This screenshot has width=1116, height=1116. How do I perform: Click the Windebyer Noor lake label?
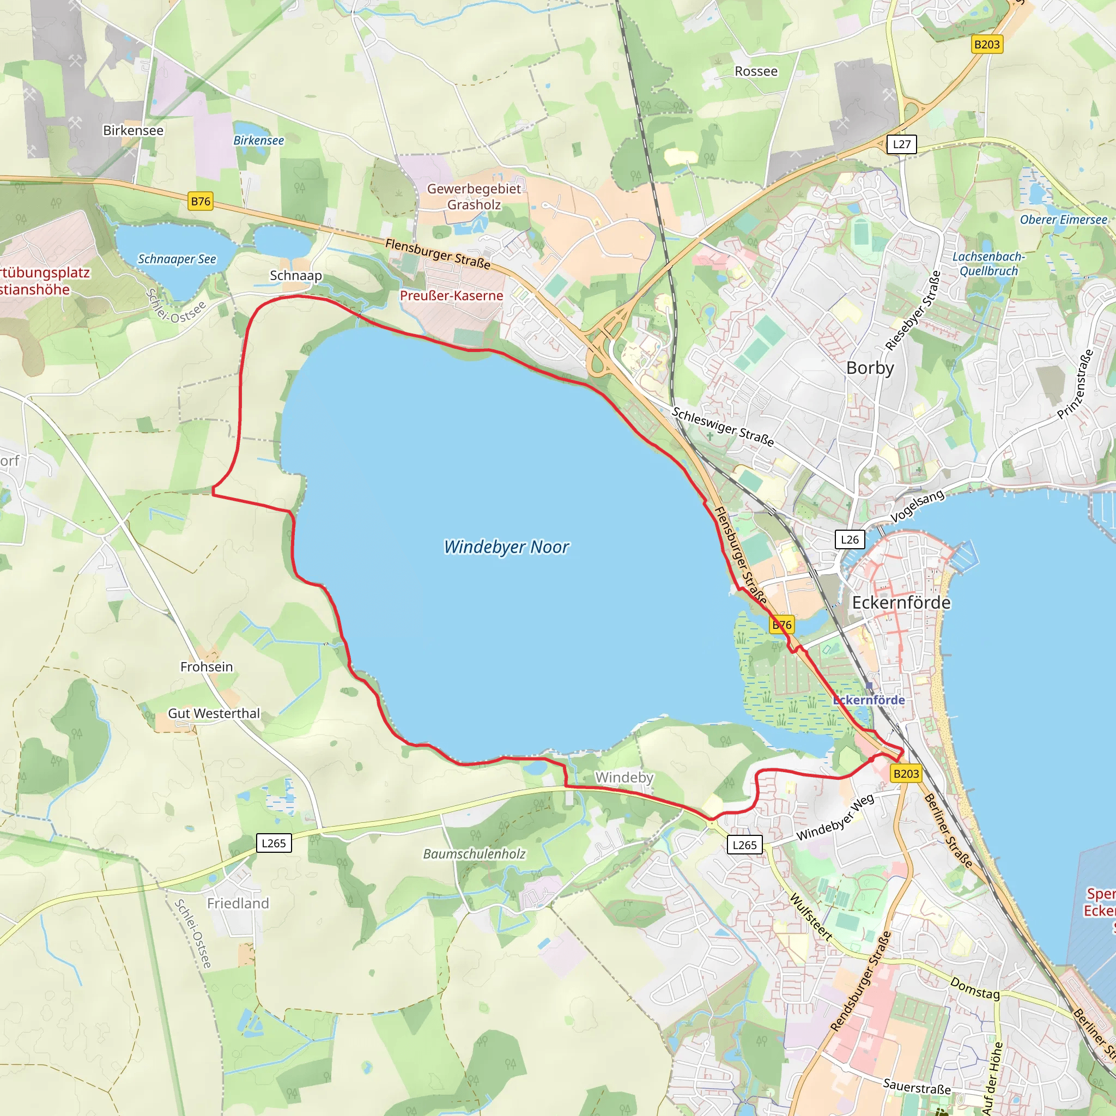[x=506, y=547]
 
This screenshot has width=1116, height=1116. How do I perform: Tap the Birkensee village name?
[x=133, y=131]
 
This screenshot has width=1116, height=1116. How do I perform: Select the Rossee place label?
[x=756, y=71]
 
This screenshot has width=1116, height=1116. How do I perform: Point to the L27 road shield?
[x=901, y=144]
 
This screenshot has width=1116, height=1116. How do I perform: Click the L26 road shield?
[x=849, y=539]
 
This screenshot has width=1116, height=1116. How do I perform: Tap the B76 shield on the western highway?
[x=201, y=201]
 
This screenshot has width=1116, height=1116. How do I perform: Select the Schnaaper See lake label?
[x=177, y=259]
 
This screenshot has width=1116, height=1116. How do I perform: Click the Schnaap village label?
[x=296, y=276]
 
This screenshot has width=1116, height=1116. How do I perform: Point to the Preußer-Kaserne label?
[x=451, y=296]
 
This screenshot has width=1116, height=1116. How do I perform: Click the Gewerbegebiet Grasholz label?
[x=474, y=196]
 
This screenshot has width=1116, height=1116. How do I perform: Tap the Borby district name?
[x=869, y=368]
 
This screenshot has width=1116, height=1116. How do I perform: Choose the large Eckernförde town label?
[x=901, y=603]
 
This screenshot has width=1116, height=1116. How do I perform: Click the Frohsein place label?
[x=206, y=666]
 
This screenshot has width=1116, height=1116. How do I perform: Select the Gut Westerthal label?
[x=214, y=713]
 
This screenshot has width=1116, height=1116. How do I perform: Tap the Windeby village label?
[x=624, y=777]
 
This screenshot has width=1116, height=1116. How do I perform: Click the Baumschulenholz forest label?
[x=474, y=854]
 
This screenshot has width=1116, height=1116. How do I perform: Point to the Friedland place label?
[x=238, y=903]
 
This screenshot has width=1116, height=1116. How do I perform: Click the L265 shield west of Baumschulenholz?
[x=273, y=843]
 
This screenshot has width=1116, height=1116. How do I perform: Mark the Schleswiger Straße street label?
[x=722, y=427]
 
